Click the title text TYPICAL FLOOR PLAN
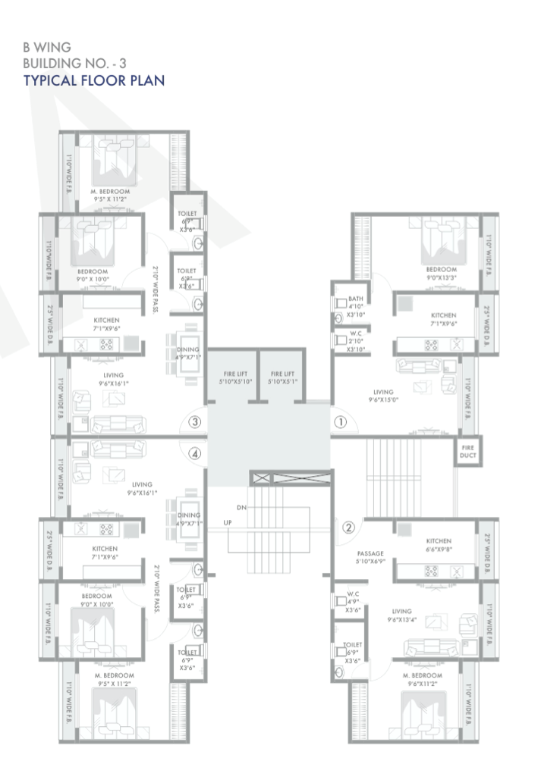click(x=94, y=80)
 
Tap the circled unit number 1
click(x=340, y=421)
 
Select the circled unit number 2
click(x=348, y=528)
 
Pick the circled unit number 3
click(x=195, y=422)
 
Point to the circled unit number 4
click(x=195, y=454)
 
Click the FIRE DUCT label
click(x=467, y=452)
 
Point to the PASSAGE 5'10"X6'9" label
click(x=372, y=558)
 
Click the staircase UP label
click(x=228, y=523)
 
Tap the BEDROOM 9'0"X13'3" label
click(x=441, y=273)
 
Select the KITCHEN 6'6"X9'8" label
click(x=438, y=546)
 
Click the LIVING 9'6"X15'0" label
click(x=383, y=396)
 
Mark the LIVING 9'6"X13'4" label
click(x=401, y=615)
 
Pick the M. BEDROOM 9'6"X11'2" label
click(x=423, y=679)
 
